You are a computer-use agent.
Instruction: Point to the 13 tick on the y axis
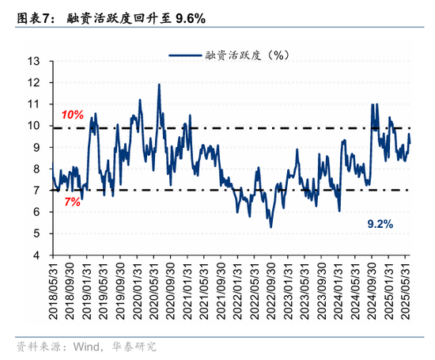(x=35, y=61)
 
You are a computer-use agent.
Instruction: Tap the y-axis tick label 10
(x=35, y=126)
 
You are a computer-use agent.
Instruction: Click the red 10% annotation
(x=73, y=114)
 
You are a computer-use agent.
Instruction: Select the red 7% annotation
(x=73, y=202)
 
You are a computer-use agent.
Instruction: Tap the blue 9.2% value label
(x=380, y=225)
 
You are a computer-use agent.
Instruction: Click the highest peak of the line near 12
(x=159, y=85)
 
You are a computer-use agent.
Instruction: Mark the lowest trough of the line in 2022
(x=270, y=227)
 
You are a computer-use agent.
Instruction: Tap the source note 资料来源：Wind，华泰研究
(x=87, y=347)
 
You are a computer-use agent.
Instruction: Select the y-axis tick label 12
(x=35, y=82)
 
